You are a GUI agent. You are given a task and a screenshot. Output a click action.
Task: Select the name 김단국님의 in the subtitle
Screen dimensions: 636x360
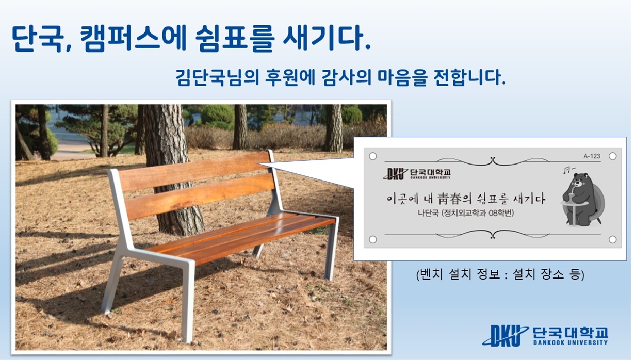[x=217, y=77]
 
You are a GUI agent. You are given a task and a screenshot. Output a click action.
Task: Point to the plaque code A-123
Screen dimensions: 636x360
[x=592, y=156]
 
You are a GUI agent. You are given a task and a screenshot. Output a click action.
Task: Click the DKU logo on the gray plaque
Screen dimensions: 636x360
[x=395, y=174]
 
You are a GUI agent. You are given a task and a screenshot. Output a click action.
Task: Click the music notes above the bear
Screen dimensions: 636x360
[x=569, y=170]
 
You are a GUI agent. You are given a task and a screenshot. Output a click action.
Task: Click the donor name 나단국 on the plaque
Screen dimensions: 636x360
[x=428, y=213]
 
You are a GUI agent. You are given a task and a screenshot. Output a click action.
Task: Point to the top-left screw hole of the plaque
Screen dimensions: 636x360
[x=373, y=156]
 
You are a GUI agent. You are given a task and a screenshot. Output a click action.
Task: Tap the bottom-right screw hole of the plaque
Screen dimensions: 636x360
[x=613, y=239]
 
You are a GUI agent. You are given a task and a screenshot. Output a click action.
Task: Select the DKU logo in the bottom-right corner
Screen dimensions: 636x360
[x=505, y=336]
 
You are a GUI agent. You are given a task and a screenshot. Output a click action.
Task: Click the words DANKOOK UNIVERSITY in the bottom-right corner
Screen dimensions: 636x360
[x=570, y=342]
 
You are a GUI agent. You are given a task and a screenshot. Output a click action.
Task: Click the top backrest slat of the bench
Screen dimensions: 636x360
[x=193, y=171]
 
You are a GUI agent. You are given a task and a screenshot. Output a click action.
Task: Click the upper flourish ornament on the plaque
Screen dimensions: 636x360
[x=493, y=161]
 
